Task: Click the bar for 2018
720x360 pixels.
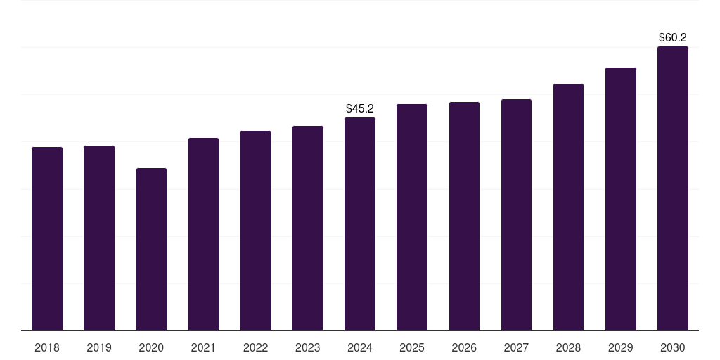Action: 47,239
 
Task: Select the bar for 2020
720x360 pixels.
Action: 151,250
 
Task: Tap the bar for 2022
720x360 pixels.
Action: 255,231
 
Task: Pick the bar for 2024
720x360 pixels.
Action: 360,224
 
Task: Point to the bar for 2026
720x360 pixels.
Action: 464,217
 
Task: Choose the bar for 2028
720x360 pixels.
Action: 568,207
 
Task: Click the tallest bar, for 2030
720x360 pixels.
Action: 673,188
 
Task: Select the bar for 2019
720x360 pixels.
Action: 99,238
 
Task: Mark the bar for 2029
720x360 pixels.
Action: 621,199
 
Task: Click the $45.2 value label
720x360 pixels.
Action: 360,108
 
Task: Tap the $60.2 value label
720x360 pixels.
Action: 673,37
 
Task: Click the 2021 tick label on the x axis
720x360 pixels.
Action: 203,347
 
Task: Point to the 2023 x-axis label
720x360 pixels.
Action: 308,347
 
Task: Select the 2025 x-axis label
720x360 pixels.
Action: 412,347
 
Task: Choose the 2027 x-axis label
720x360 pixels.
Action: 516,347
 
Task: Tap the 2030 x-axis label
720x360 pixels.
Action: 673,347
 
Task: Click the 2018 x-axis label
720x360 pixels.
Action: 47,347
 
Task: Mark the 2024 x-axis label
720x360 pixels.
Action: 360,347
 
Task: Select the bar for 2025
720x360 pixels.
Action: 412,217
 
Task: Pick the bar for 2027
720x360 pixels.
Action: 516,215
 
